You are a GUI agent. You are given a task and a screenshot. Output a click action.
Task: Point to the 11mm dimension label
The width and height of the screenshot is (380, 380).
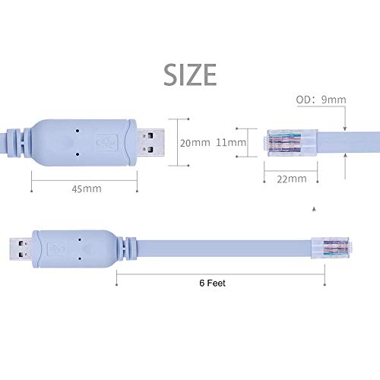(231, 142)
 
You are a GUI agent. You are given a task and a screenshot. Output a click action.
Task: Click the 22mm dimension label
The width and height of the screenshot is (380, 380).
(292, 179)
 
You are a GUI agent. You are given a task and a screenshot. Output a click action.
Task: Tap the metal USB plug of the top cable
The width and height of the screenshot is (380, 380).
(154, 141)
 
